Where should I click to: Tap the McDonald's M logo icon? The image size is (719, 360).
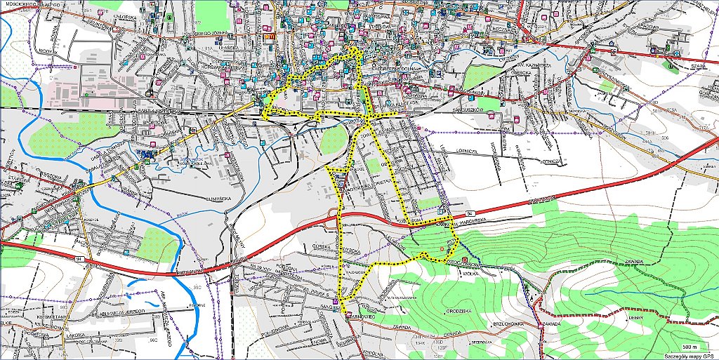click(x=269, y=33)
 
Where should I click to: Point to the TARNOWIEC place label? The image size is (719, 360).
click(x=361, y=316)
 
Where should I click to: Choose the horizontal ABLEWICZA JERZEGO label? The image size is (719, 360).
click(x=121, y=310)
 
